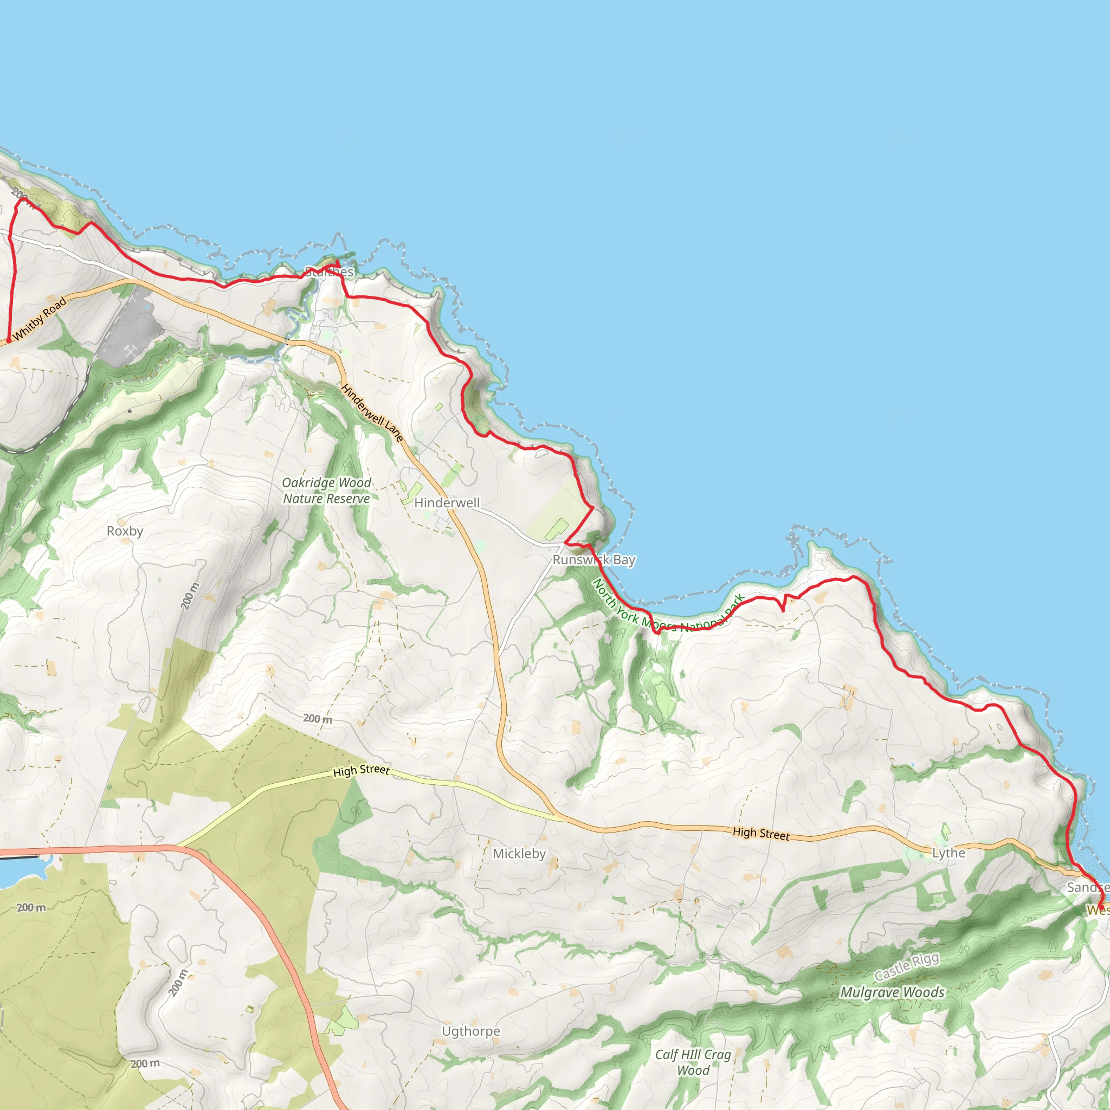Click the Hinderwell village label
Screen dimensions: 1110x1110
(447, 503)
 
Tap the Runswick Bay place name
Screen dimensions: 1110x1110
(593, 559)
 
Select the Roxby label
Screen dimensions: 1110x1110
(125, 531)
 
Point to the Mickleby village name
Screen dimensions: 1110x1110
(519, 854)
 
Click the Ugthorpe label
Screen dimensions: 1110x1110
(470, 1031)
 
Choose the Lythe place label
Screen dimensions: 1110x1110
(948, 853)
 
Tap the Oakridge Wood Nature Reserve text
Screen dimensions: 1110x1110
(326, 491)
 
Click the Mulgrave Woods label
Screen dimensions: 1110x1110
(892, 992)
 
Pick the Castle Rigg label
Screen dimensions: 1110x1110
(907, 967)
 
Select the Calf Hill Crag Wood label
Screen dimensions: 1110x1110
(693, 1062)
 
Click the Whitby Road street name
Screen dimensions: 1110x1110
(39, 319)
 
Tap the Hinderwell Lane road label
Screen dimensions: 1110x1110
(372, 413)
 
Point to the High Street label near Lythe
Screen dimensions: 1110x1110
(760, 834)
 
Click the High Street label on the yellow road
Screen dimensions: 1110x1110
(361, 771)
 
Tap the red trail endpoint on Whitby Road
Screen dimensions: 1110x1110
(9, 341)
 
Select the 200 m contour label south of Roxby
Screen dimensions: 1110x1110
(190, 596)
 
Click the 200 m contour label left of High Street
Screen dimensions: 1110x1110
(317, 719)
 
